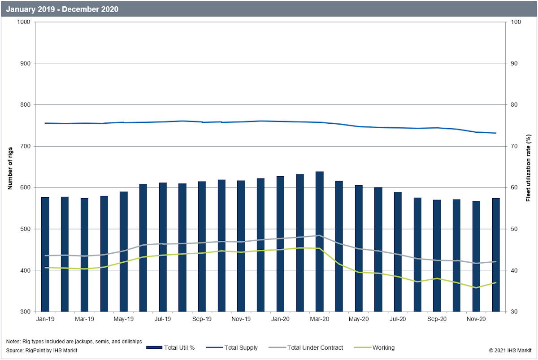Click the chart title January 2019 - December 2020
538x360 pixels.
62,9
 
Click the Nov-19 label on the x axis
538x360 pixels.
241,319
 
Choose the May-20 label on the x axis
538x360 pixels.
359,319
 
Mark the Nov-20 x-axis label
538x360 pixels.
476,319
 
